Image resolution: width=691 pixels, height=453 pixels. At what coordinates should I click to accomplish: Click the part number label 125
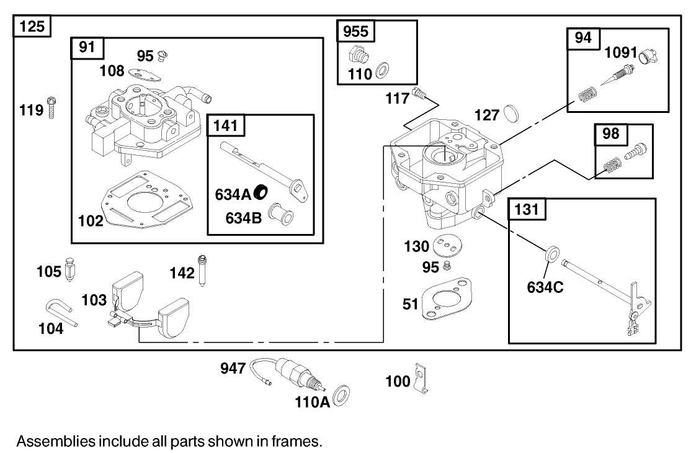[x=32, y=27]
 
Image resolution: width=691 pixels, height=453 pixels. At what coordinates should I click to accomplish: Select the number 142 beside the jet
[x=182, y=273]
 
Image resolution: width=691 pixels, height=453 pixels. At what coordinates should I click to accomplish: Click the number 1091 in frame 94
[x=620, y=53]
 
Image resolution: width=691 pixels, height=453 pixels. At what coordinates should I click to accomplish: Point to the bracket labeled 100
[x=423, y=379]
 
